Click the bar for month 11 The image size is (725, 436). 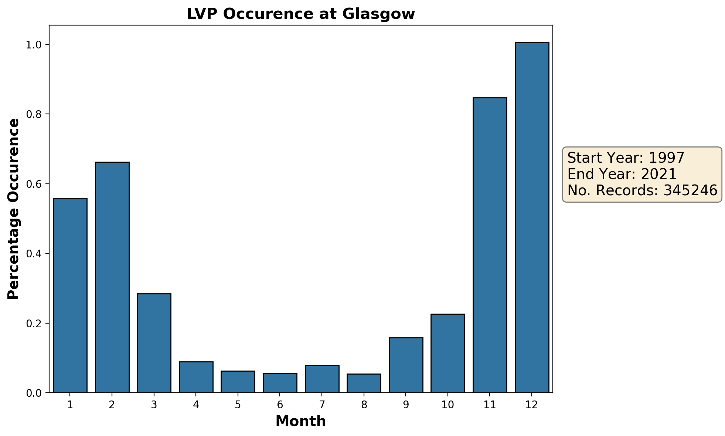coord(490,245)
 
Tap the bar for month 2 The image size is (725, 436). coord(112,277)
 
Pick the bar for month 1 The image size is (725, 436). coord(70,295)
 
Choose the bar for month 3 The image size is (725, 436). coord(154,343)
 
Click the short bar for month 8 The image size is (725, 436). coord(364,383)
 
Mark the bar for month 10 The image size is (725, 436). coord(447,353)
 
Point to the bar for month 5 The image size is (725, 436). coord(238,382)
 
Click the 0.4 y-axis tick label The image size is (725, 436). coord(33,254)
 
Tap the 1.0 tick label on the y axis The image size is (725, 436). coord(33,45)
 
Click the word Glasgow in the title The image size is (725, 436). coord(378,14)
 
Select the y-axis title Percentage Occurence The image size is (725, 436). coord(14,209)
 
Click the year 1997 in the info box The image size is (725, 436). coord(667,158)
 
